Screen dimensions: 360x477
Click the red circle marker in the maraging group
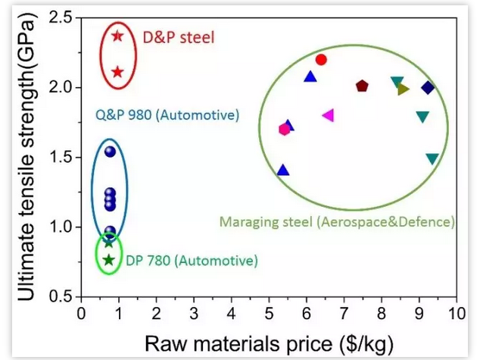click(321, 60)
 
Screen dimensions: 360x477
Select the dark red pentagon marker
click(362, 86)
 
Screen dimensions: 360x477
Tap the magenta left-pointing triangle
click(328, 115)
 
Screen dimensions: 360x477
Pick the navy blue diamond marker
click(428, 88)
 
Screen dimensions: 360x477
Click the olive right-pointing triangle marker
click(404, 89)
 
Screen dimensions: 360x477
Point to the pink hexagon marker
click(285, 129)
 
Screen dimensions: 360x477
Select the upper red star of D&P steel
click(117, 36)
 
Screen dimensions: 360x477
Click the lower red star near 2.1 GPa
click(117, 72)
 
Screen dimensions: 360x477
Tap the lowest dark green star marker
click(109, 260)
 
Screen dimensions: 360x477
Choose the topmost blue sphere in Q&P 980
click(110, 152)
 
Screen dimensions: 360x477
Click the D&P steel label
click(179, 36)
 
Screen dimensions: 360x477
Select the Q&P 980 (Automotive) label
click(167, 116)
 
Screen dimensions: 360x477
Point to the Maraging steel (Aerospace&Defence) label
click(337, 222)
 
